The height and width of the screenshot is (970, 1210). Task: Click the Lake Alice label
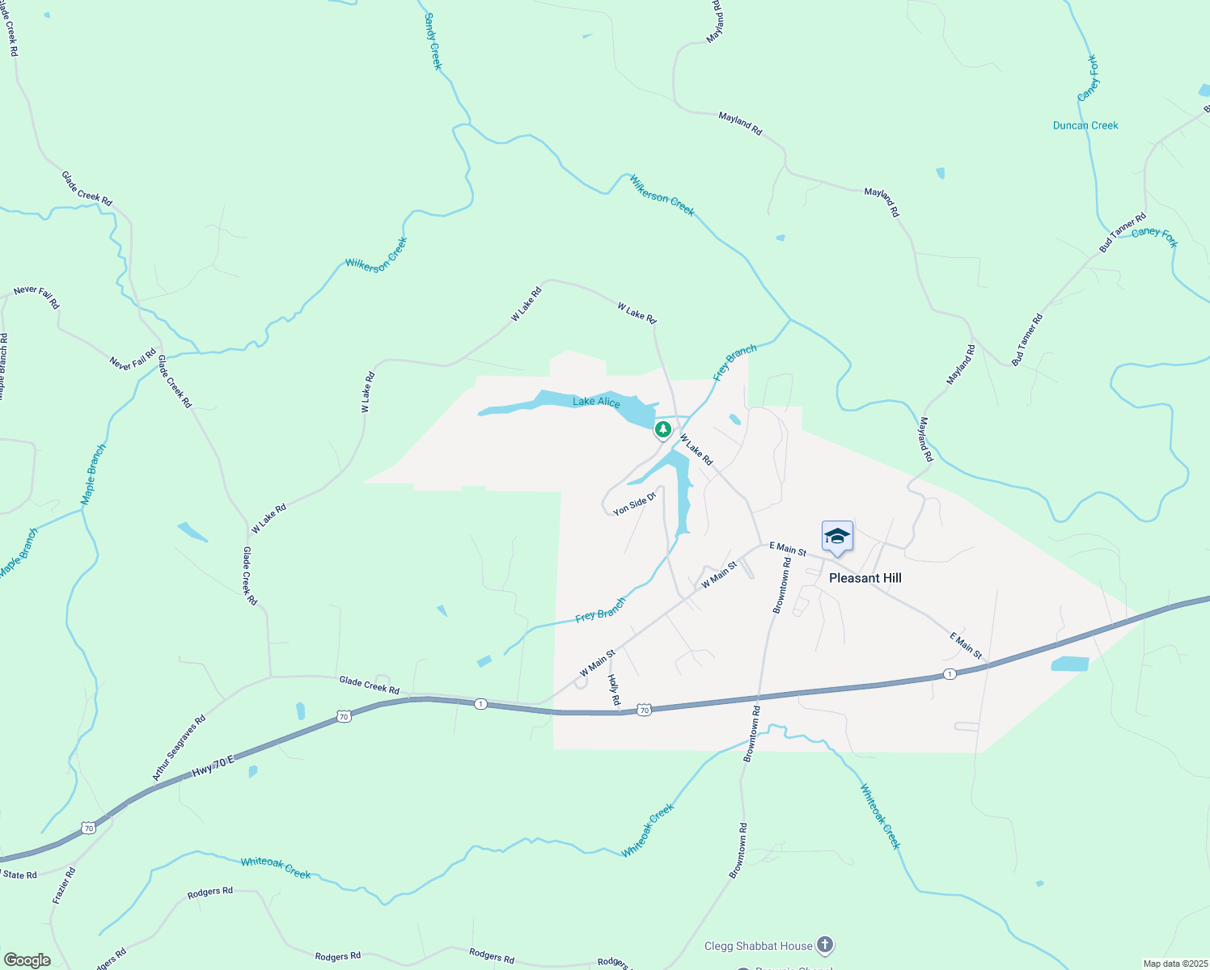pos(596,402)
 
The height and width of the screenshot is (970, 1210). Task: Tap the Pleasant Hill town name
pos(865,578)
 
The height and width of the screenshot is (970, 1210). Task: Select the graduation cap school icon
pos(837,536)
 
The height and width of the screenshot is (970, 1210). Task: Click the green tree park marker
pos(663,428)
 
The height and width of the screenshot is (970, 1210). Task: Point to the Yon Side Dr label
pos(633,504)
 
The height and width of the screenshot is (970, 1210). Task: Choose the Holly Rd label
pos(614,690)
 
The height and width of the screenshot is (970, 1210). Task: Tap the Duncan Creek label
pos(1085,125)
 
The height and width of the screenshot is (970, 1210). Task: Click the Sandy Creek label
pos(434,41)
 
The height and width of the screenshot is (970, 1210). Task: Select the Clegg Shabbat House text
pos(758,946)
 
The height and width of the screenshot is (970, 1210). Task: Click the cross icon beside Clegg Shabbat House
pos(824,944)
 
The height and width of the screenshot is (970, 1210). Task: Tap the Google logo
pos(27,960)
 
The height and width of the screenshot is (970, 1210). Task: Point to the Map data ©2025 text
pos(1174,964)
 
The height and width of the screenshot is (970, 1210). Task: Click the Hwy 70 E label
pos(213,767)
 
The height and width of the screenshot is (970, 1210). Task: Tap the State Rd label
pos(19,875)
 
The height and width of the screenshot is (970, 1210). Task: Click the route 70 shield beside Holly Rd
pos(643,710)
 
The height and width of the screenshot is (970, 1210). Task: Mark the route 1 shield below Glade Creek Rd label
pos(481,704)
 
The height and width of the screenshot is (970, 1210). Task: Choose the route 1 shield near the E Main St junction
pos(950,674)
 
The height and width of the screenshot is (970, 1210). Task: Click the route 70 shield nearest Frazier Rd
pos(89,828)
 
